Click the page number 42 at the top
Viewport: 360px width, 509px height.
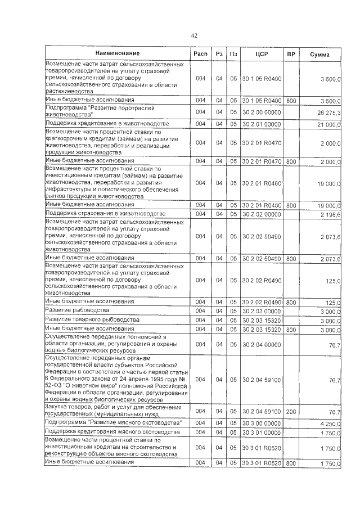(x=193, y=35)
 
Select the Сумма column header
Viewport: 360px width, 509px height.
(x=319, y=54)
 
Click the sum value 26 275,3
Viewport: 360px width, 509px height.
(x=328, y=113)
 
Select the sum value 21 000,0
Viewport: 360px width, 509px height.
(x=328, y=124)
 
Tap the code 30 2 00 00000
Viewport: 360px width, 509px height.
(x=261, y=112)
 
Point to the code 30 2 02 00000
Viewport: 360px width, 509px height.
(x=261, y=214)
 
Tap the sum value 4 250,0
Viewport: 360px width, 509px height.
(x=330, y=422)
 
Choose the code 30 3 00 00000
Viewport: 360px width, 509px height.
(x=261, y=422)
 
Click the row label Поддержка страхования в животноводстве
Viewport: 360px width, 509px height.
(x=105, y=214)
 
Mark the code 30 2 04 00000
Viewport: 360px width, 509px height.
(x=261, y=344)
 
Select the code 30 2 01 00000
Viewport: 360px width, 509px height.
(x=261, y=124)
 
